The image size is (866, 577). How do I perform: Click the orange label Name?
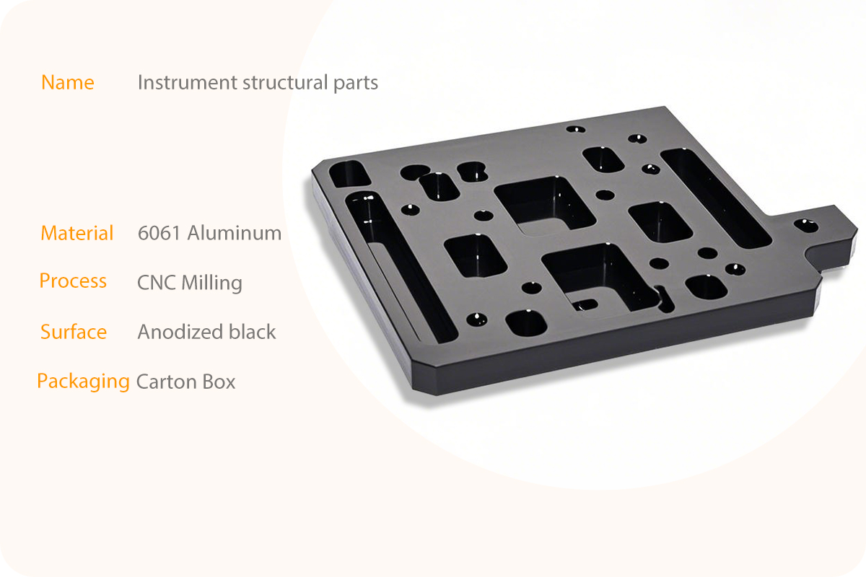(68, 82)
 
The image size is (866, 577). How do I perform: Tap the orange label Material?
(77, 233)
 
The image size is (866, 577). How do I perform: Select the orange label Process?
(73, 281)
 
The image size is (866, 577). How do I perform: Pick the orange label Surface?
(74, 332)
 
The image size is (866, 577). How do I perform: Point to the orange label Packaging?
(84, 382)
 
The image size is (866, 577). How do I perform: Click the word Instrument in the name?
(188, 82)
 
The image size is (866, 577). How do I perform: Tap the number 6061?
(159, 233)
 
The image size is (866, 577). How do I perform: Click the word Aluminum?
(235, 233)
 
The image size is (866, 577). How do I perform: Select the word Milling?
(212, 283)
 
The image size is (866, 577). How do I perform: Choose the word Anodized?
(180, 332)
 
